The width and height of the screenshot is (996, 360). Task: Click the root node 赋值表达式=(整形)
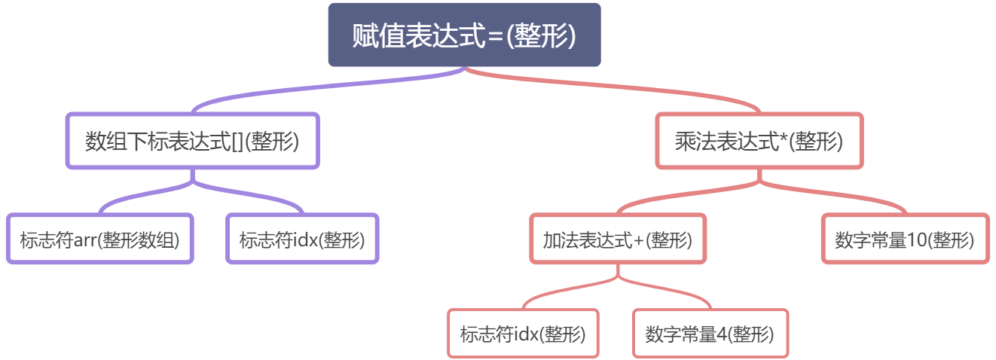pos(464,35)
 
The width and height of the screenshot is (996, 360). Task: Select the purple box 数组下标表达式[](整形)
pos(193,141)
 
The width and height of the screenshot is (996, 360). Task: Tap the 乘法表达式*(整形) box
pos(759,141)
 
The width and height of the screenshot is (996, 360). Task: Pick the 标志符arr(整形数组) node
pos(100,239)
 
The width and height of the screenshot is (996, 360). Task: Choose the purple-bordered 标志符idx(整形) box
pos(302,239)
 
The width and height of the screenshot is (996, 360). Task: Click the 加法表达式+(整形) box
pos(618,239)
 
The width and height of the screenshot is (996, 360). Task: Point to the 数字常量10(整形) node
pos(904,239)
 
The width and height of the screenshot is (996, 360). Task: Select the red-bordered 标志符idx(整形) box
pos(523,333)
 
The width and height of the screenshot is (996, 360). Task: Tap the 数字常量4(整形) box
pos(710,333)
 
